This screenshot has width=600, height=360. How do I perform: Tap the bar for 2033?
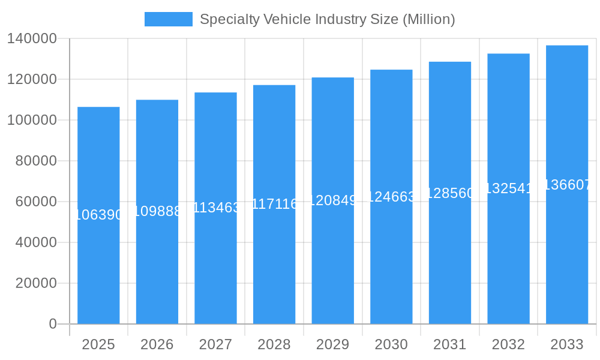(567, 252)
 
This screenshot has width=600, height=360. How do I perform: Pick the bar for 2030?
(391, 258)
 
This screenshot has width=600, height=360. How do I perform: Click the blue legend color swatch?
(169, 19)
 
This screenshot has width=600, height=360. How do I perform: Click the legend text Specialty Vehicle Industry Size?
(327, 19)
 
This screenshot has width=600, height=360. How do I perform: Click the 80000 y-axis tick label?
(36, 161)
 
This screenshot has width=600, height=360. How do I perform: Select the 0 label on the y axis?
(53, 324)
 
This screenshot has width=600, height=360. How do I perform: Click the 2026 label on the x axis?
(157, 344)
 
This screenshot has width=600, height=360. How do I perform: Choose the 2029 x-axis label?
(332, 344)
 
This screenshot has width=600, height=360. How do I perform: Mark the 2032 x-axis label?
(508, 344)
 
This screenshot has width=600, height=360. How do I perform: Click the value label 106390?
(98, 215)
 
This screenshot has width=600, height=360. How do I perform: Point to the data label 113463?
(215, 208)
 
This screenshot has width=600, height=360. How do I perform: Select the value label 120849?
(332, 200)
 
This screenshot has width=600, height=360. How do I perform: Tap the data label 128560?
(450, 193)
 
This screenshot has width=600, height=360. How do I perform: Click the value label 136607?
(567, 185)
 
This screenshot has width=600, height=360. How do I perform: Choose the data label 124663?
(391, 196)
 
